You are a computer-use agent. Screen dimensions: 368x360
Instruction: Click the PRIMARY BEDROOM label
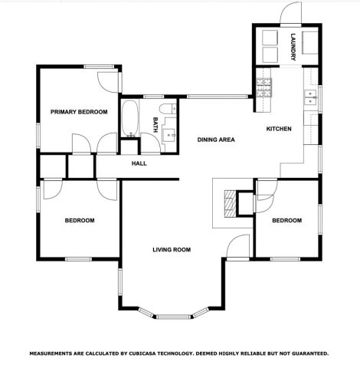[x=79, y=112]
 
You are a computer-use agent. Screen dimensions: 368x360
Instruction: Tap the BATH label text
[x=155, y=124]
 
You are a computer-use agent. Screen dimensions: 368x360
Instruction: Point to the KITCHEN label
[x=278, y=129]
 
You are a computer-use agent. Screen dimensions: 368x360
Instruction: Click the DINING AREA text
[x=215, y=140]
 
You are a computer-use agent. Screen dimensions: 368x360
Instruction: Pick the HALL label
[x=139, y=163]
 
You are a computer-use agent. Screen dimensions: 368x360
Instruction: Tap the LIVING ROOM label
[x=171, y=249]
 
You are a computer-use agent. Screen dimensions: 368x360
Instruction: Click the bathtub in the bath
[x=129, y=119]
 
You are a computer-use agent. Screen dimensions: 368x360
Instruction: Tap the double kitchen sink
[x=312, y=97]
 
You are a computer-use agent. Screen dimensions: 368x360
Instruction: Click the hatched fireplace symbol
[x=228, y=204]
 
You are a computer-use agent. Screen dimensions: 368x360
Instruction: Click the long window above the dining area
[x=218, y=96]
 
